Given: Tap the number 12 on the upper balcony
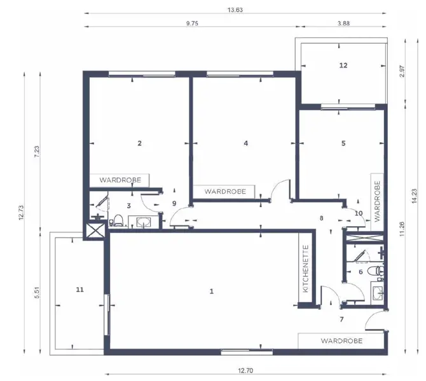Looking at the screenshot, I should pyautogui.click(x=343, y=65).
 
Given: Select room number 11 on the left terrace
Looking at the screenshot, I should pyautogui.click(x=79, y=289).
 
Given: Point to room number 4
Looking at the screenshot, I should pyautogui.click(x=245, y=143).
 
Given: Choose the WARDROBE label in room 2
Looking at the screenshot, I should pyautogui.click(x=125, y=180).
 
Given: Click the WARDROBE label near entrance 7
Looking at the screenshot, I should pyautogui.click(x=341, y=341).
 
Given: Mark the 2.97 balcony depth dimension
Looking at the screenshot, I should pyautogui.click(x=401, y=71).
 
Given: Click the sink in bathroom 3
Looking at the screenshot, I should pyautogui.click(x=144, y=222).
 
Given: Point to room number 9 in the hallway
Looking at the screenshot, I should pyautogui.click(x=174, y=203).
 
